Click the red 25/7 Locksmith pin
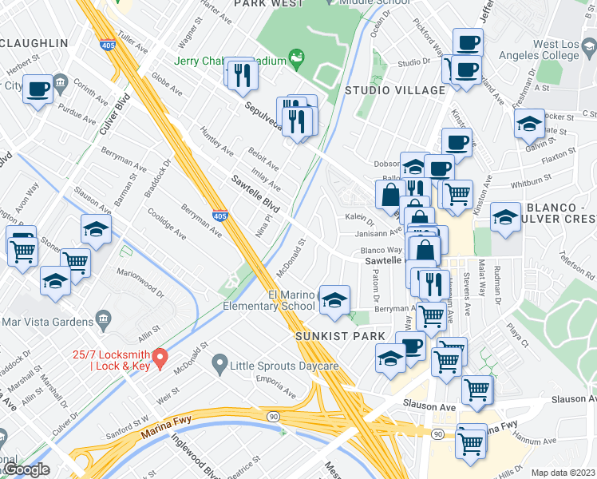[x=160, y=357]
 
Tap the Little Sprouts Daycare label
[x=284, y=366]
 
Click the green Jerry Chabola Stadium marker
[x=297, y=56]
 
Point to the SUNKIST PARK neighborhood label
[x=340, y=337]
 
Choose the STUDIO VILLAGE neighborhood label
[x=394, y=90]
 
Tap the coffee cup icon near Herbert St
[x=38, y=89]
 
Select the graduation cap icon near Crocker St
[x=528, y=124]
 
